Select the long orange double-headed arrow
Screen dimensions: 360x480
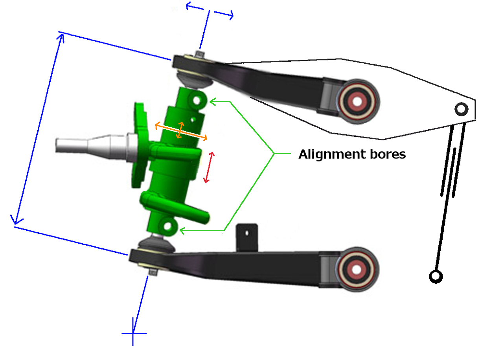(x=181, y=132)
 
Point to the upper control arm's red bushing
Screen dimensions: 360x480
(x=357, y=101)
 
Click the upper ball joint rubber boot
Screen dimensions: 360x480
(x=193, y=79)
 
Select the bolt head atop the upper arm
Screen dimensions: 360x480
(x=200, y=54)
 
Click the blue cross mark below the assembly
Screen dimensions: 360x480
(x=134, y=334)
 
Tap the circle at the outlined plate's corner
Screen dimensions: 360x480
(x=461, y=109)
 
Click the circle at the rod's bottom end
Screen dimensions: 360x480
(x=436, y=276)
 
